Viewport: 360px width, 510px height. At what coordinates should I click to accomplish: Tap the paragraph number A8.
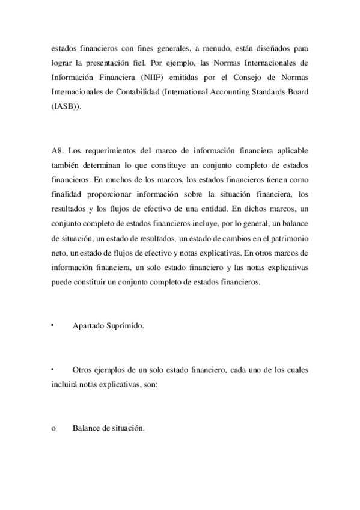coord(58,150)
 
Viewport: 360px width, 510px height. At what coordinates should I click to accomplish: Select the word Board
coord(296,93)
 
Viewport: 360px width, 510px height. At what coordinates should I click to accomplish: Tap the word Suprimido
coord(126,325)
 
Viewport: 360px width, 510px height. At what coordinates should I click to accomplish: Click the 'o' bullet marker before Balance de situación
coord(53,429)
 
